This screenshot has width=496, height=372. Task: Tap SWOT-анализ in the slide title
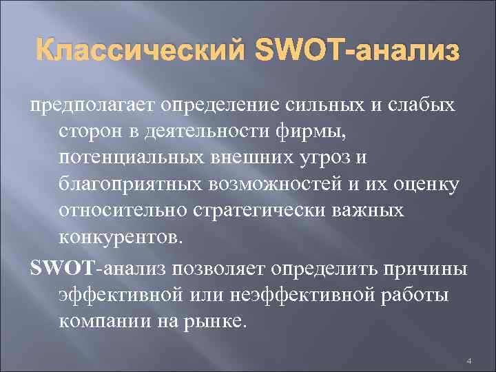(x=356, y=51)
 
